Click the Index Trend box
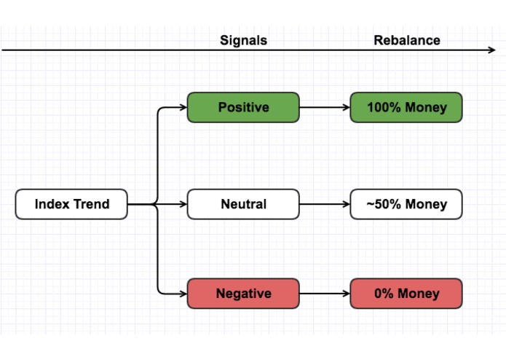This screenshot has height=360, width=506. [71, 204]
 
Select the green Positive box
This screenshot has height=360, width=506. [243, 107]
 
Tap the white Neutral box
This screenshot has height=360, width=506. [243, 204]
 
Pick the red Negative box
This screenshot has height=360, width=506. [243, 294]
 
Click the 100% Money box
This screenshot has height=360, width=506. [406, 107]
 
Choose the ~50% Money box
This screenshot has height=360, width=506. [406, 204]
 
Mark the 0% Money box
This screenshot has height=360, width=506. [406, 294]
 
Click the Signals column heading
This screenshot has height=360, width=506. [243, 40]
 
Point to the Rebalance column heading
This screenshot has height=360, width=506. [406, 40]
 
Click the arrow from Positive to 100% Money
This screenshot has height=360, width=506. [324, 107]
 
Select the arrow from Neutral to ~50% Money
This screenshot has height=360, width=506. [324, 204]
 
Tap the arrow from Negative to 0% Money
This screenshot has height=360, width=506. [324, 294]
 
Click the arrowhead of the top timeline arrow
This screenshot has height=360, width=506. [492, 50]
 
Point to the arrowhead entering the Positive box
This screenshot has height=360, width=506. [183, 108]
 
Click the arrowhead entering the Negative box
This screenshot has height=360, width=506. [183, 294]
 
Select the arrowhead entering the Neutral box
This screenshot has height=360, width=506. [183, 204]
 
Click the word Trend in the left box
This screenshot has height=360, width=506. [91, 204]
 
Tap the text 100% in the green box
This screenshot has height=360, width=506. [381, 107]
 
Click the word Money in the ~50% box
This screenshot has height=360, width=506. [426, 204]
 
